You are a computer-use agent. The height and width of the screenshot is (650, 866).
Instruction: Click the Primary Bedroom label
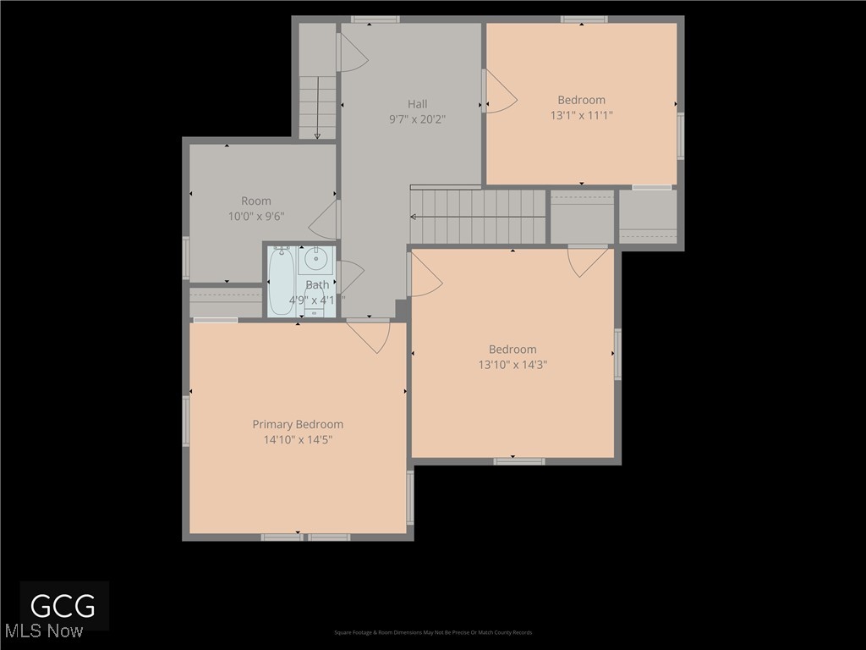pos(298,424)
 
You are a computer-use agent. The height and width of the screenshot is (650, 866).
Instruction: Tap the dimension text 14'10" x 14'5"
pos(298,440)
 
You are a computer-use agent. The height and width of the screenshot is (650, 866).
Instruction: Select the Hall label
pos(417,104)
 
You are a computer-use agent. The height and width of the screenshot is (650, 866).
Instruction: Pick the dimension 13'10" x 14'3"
pos(512,365)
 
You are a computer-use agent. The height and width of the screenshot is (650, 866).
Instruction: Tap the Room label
pos(256,201)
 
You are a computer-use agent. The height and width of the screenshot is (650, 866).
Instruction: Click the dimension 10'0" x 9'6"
pos(256,216)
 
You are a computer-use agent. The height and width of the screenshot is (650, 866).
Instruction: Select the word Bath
pos(317,285)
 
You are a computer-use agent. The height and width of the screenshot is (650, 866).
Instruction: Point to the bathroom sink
pos(316,257)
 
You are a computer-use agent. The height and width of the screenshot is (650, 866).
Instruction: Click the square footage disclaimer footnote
pos(433,632)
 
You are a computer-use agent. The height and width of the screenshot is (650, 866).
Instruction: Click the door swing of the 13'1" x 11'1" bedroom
pos(499,91)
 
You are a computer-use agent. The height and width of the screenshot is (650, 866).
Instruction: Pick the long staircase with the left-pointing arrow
pos(478,217)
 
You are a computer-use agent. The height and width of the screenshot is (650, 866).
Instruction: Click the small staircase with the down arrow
pos(317,107)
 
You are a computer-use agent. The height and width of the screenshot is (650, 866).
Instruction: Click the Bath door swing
pos(349,277)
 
